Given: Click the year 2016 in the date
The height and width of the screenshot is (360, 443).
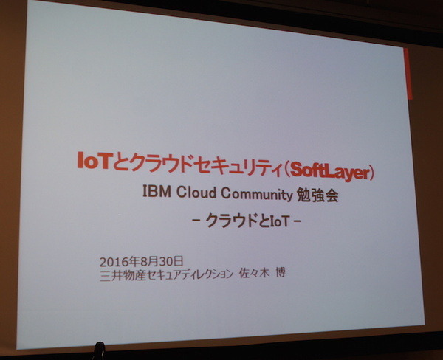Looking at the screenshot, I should coord(111,261).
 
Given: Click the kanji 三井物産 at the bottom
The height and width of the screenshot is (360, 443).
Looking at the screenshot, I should coord(117,274).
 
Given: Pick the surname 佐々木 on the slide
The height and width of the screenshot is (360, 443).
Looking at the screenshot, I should coord(255,275).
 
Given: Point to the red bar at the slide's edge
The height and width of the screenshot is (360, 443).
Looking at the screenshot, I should coord(407,74).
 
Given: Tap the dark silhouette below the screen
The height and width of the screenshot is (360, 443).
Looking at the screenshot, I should coord(98,350).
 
